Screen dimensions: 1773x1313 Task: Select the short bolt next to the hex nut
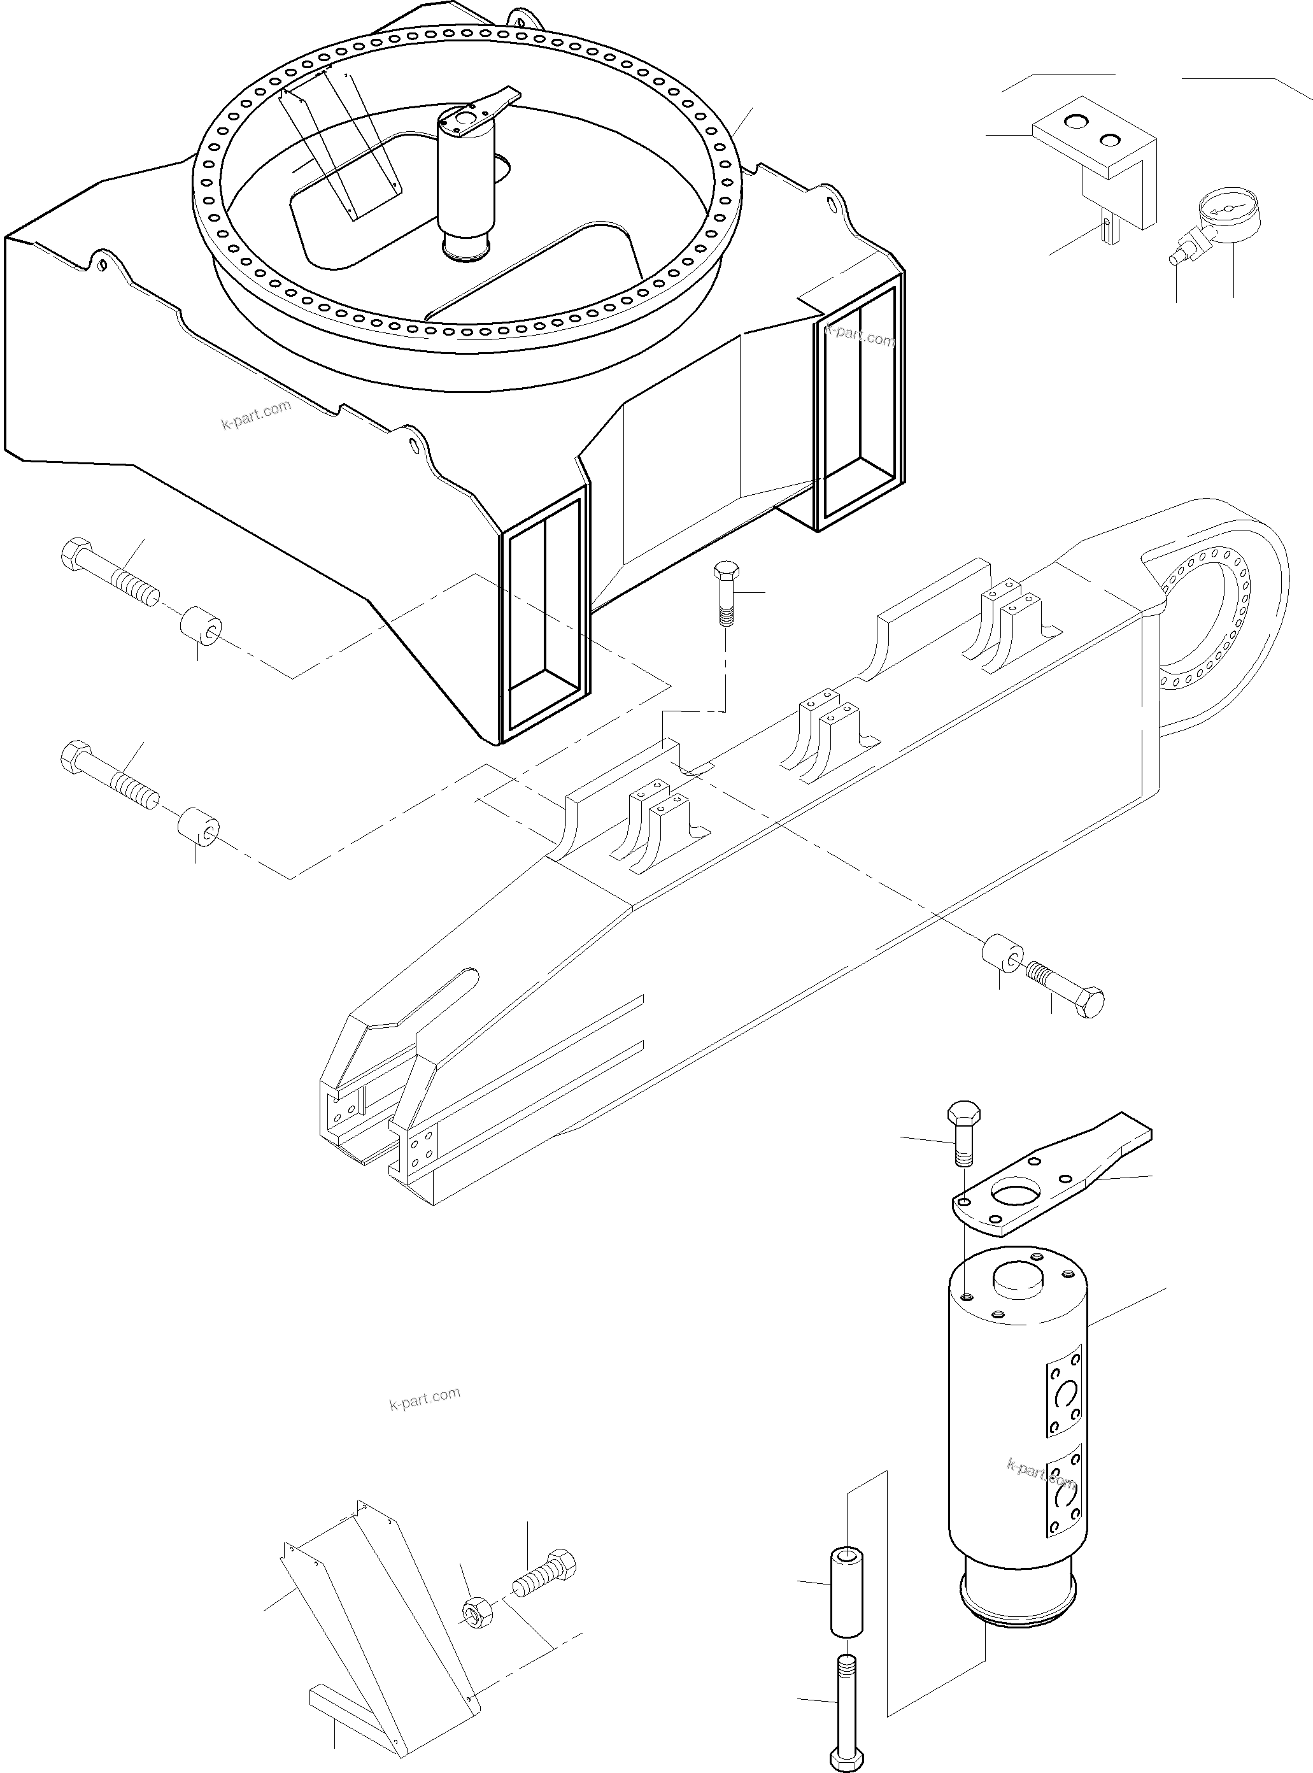click(545, 1574)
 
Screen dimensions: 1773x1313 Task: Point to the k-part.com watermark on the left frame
click(256, 414)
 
